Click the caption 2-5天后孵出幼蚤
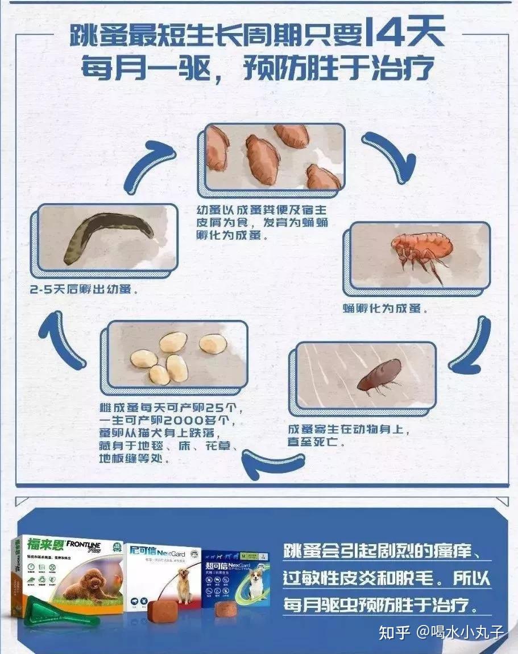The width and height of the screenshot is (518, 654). click(x=85, y=289)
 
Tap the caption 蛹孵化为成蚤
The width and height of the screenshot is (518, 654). click(x=385, y=309)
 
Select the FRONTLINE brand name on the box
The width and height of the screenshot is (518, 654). click(x=85, y=545)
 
